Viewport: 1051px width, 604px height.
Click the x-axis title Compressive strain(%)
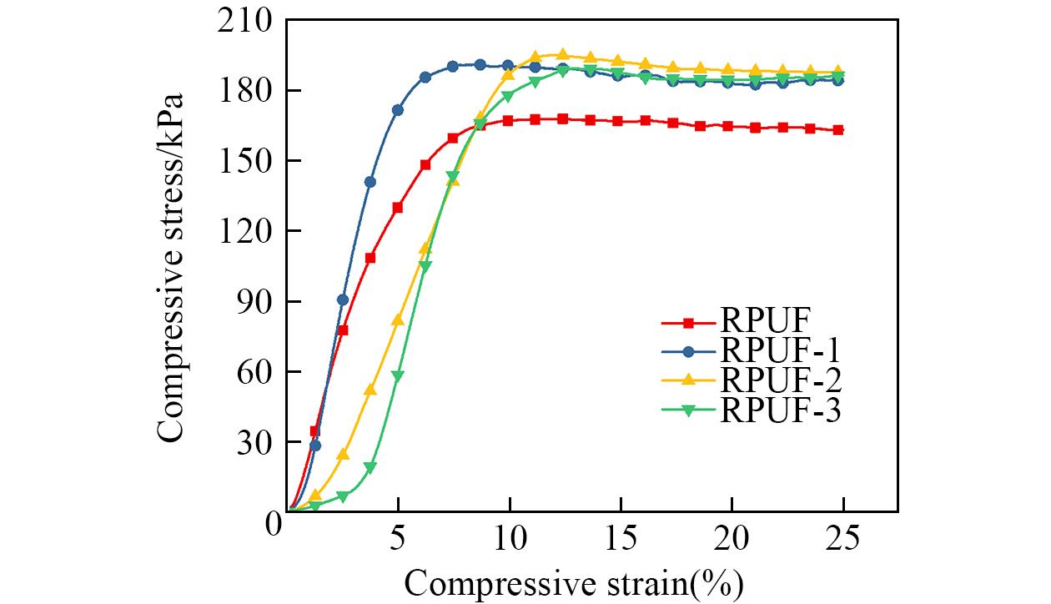click(574, 580)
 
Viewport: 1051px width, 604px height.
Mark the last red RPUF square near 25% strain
click(837, 130)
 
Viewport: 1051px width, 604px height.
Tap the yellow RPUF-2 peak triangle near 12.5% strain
click(562, 55)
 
